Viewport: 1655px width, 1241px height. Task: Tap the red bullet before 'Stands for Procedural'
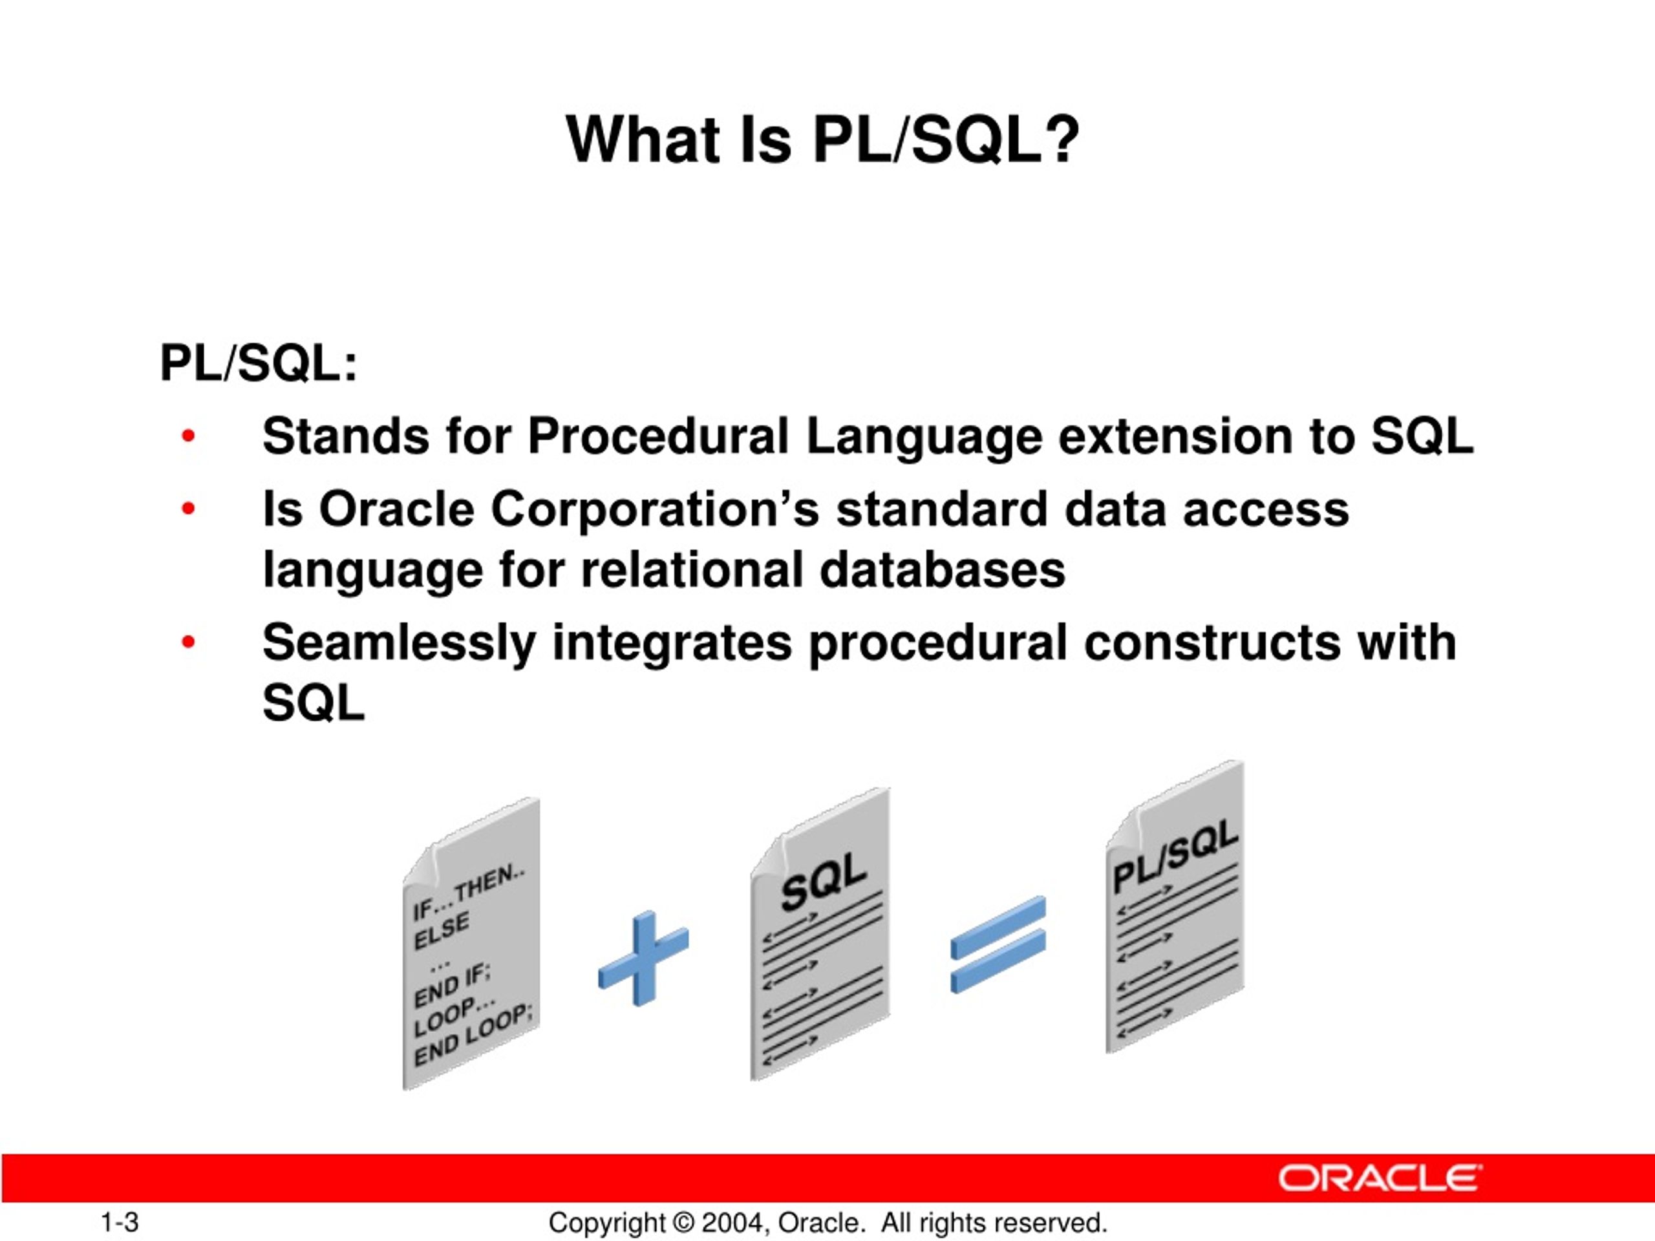click(187, 436)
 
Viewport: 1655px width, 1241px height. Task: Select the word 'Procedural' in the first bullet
click(657, 436)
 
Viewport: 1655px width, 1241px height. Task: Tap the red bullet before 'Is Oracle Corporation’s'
click(187, 509)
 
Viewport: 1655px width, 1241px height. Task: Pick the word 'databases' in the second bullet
click(942, 570)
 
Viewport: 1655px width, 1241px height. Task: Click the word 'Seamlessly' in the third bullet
click(399, 642)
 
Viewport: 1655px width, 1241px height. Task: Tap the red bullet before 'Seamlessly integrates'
click(187, 642)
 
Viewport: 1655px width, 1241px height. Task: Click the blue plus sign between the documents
click(643, 959)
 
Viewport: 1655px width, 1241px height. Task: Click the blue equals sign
click(998, 945)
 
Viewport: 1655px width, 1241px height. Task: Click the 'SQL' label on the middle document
click(823, 883)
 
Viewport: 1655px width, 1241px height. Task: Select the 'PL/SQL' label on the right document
click(1175, 855)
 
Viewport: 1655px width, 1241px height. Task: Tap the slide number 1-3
click(120, 1222)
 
